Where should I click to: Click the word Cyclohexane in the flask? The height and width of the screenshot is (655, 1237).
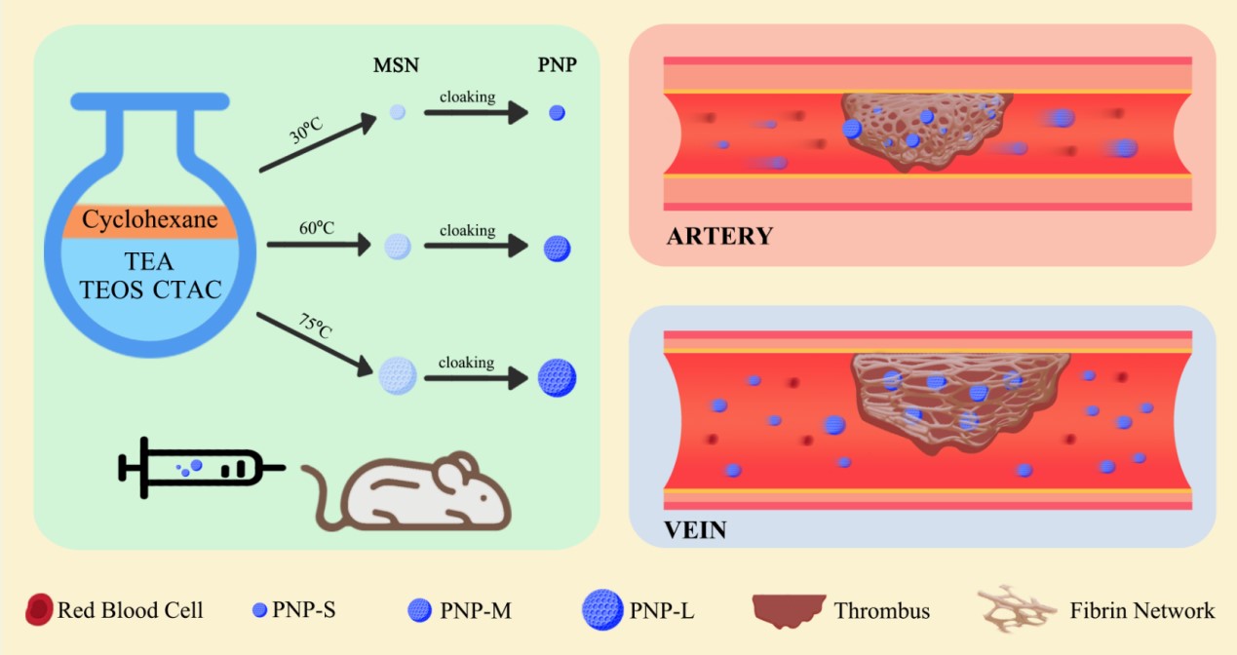[x=148, y=220]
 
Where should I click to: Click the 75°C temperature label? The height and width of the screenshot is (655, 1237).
[x=313, y=326]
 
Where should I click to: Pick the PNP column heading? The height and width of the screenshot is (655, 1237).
[x=557, y=66]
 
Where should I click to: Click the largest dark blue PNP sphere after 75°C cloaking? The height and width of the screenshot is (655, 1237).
[x=558, y=377]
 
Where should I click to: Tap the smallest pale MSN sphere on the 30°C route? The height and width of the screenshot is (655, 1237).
[x=397, y=113]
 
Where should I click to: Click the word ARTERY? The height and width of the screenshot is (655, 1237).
[x=719, y=236]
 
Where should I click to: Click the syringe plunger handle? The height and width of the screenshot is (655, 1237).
[x=125, y=467]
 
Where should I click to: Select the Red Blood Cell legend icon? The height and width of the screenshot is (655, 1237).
[x=39, y=611]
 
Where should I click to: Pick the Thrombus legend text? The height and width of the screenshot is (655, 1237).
[x=881, y=611]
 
